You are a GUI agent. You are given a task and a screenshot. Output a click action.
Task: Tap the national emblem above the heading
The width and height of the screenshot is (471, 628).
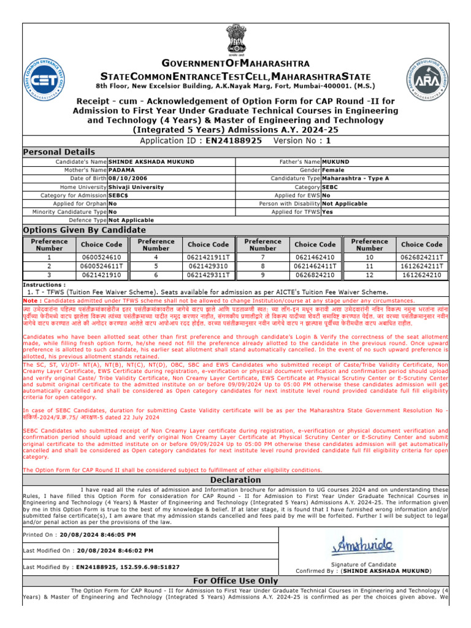235,40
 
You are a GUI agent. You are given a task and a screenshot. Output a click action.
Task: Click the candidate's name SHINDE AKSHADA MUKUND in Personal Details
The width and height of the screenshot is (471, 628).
151,161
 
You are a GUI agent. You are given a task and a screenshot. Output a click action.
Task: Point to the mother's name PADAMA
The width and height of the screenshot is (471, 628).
122,170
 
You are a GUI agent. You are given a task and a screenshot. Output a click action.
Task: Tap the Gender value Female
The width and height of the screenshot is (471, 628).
334,170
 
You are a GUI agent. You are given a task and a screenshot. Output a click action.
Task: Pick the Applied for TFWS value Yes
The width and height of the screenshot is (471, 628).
327,212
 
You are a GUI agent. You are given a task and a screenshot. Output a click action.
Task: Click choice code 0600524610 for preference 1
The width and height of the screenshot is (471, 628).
101,258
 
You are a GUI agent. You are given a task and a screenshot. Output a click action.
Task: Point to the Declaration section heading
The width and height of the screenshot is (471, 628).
235,480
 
